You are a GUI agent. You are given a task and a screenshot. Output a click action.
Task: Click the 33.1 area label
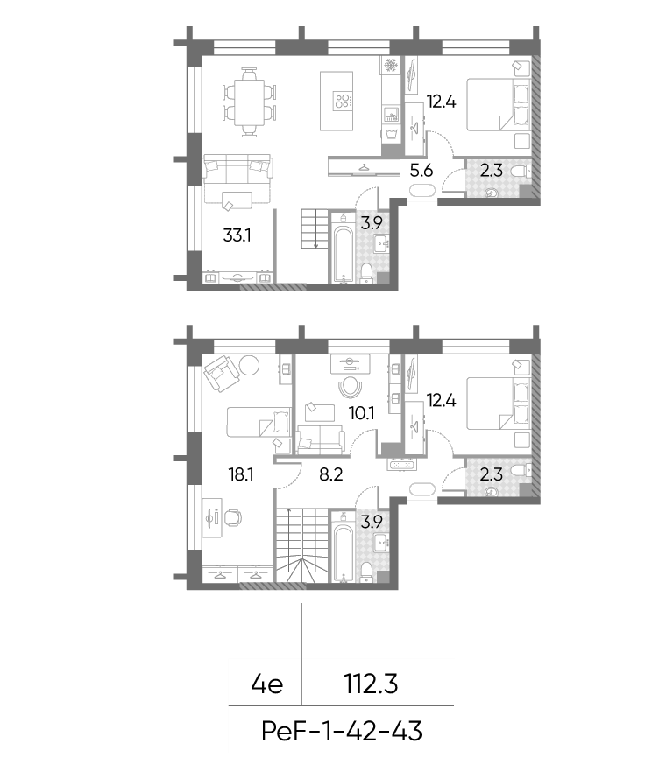pos(237,235)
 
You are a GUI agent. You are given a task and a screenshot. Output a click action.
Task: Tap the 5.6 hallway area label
pos(421,171)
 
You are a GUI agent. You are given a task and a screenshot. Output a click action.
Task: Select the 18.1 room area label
pos(241,474)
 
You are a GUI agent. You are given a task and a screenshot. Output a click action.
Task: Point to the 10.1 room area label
pos(362,413)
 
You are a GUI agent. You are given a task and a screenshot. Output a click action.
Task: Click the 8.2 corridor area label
pos(331,474)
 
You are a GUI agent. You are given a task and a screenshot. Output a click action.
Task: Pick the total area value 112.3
pos(371,684)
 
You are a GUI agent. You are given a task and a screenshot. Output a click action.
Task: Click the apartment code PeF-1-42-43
pos(342,732)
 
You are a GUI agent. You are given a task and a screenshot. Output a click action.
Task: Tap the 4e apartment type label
pos(267,685)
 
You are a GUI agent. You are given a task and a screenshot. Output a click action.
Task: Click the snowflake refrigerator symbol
pos(391,65)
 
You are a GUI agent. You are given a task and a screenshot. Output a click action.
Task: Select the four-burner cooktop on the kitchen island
pos(343,102)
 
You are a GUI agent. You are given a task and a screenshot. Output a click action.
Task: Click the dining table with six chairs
pos(249,102)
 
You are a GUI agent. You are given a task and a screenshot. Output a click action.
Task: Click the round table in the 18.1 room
pos(249,366)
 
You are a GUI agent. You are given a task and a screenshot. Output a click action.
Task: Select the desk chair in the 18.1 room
pos(234,517)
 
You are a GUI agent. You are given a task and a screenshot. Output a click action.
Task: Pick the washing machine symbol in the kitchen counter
pos(391,134)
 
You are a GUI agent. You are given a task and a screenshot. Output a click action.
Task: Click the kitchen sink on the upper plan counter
pos(391,115)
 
